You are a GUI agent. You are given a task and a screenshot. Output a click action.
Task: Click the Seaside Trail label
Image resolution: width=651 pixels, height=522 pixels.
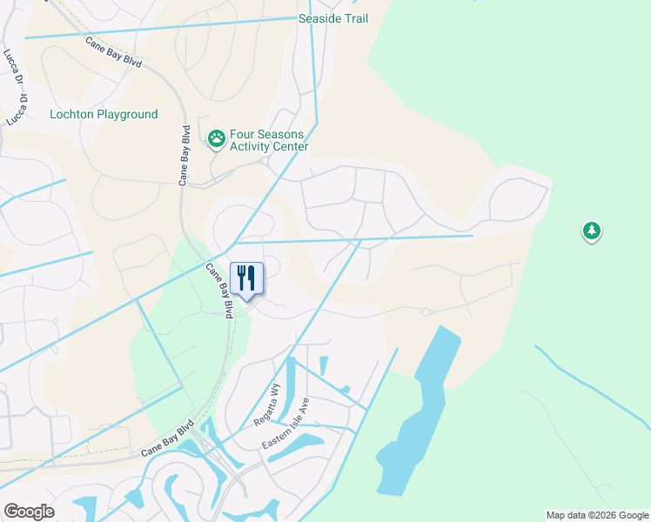click(333, 18)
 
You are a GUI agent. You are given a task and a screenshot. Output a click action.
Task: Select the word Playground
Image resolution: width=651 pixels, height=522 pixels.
click(127, 114)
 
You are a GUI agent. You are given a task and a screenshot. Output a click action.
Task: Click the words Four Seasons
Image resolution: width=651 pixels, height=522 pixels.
click(266, 135)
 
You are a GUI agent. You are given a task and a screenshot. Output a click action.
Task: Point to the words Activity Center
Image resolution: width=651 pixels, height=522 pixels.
click(269, 147)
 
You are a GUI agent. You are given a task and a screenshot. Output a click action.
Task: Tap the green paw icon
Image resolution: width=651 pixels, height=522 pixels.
click(216, 137)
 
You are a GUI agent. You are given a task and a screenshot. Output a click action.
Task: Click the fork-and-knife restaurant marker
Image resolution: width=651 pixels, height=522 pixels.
click(246, 278)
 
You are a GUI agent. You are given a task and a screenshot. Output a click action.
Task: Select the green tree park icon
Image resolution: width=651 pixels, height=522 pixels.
click(592, 231)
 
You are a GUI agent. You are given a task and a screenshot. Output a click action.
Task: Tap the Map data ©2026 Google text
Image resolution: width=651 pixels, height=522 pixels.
click(597, 515)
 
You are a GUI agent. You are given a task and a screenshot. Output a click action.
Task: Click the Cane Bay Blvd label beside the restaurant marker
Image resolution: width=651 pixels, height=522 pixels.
click(218, 291)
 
